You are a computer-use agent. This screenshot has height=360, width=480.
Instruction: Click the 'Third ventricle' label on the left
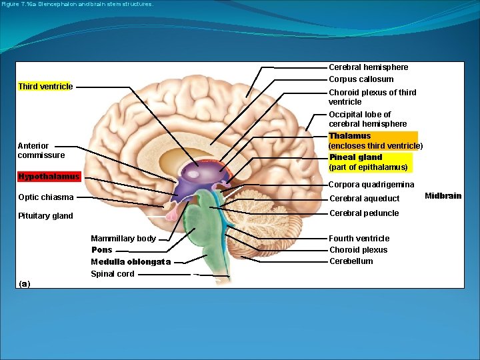45,87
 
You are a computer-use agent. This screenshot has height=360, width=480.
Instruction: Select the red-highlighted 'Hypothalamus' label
49,177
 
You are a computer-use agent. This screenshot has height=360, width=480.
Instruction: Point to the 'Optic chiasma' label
45,197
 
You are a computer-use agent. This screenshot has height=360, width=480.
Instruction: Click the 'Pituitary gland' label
45,216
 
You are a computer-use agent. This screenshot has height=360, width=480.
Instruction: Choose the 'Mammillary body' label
123,239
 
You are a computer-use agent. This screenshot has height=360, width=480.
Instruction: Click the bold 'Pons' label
102,250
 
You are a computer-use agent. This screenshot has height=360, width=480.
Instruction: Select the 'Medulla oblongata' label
131,262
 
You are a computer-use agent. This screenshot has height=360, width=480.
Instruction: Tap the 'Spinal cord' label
113,274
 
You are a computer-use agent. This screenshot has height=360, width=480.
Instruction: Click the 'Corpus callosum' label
361,79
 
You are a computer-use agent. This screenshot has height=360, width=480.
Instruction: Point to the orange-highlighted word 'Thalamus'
350,136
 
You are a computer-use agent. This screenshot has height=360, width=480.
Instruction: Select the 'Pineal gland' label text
356,157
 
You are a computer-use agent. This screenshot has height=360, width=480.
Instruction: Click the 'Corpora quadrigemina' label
371,185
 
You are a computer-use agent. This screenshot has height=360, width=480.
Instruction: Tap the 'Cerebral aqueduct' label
365,199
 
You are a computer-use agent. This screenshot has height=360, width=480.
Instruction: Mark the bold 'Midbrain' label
443,196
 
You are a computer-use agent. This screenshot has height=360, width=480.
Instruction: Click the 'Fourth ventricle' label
359,239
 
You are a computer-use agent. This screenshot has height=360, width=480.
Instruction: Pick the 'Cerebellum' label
351,261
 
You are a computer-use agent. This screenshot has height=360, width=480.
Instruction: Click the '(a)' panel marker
25,284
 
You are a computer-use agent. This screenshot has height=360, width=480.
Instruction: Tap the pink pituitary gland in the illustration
171,213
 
